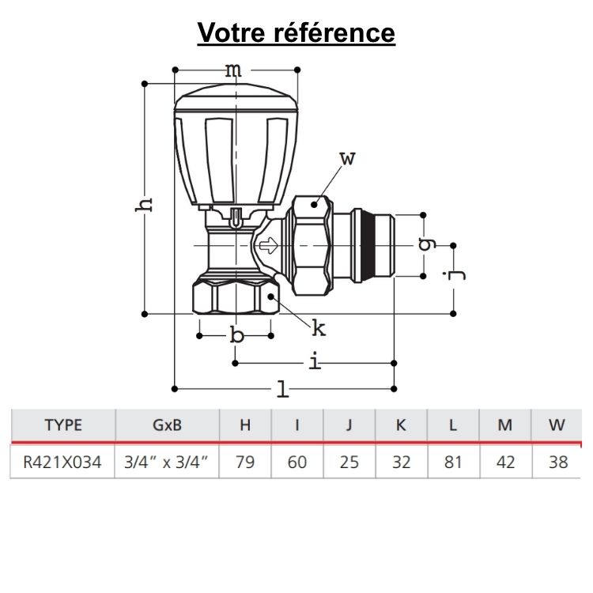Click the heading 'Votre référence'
coord(296,32)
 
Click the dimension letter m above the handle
coord(233,70)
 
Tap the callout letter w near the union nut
coord(348,158)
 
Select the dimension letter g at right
coord(428,244)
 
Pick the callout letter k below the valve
coord(318,327)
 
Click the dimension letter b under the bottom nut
coord(236,335)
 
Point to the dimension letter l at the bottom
coord(281,387)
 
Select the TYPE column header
coord(63,425)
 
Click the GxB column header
coord(166,425)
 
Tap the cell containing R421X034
coord(63,462)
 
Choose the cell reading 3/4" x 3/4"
coord(166,462)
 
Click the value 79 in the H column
coord(245,462)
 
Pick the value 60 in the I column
coord(297,462)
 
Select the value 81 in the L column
coord(452,462)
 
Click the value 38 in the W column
coord(557,462)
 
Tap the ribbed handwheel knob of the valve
coord(237,142)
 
